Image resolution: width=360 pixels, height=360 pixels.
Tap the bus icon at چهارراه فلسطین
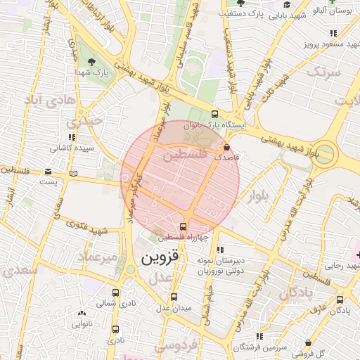184,226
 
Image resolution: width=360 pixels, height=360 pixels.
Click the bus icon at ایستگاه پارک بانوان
214,115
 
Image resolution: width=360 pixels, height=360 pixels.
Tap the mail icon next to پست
48,171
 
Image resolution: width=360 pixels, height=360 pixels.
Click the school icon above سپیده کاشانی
72,137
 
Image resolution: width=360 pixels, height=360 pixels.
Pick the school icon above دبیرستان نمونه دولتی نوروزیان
221,249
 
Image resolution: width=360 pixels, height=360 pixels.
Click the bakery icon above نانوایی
82,314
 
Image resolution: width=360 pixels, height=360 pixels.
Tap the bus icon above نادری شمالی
115,292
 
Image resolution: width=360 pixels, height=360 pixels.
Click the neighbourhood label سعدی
18,270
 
